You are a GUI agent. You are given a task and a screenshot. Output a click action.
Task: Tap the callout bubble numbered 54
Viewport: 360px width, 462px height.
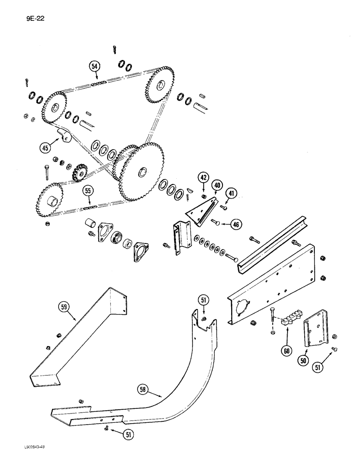tap(95, 67)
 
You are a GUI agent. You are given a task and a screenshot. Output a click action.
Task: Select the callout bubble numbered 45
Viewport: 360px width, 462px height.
tap(45, 149)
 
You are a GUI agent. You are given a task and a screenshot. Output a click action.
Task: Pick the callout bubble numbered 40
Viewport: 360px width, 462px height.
tap(217, 186)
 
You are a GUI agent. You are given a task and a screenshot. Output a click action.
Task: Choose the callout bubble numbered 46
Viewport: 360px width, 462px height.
tap(236, 225)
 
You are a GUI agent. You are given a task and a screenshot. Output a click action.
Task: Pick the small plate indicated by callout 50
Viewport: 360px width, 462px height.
tap(313, 331)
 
